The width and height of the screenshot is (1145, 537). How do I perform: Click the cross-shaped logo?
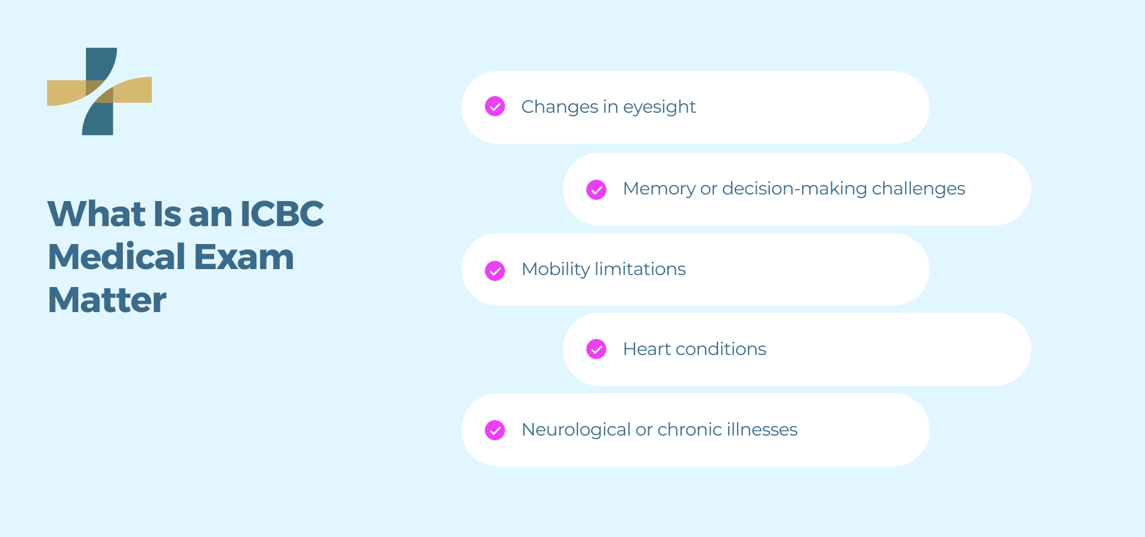click(100, 91)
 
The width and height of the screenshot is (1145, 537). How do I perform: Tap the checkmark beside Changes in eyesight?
click(495, 106)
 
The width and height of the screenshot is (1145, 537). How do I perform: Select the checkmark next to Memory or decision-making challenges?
click(596, 189)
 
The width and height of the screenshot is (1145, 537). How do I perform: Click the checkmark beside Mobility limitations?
click(495, 270)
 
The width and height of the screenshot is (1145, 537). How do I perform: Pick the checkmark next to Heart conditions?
click(596, 349)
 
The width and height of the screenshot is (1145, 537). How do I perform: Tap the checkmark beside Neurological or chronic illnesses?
click(495, 430)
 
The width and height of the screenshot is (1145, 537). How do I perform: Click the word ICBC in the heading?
click(281, 214)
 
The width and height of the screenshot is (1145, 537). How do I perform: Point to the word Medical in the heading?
click(117, 257)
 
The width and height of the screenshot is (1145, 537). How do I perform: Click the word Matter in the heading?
click(107, 300)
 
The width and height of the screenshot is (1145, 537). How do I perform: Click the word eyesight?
click(659, 107)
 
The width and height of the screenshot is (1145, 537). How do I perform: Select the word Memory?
click(659, 189)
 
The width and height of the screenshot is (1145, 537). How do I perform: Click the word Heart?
click(647, 349)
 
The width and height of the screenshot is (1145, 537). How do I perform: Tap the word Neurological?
click(576, 430)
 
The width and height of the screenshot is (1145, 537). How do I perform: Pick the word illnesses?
click(762, 430)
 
